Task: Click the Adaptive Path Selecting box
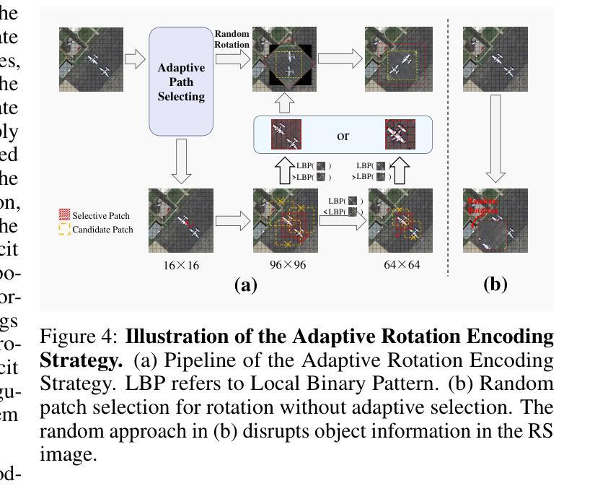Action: (181, 82)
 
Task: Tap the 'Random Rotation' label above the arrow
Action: (232, 39)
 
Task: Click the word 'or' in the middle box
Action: (343, 135)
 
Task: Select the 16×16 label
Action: (181, 265)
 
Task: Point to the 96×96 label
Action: (288, 265)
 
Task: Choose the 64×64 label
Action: (402, 265)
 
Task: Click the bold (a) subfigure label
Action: (246, 285)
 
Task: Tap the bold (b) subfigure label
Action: (495, 285)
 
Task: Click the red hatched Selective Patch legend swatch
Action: (64, 215)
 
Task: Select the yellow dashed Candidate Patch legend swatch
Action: (64, 230)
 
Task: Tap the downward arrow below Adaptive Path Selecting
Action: (181, 160)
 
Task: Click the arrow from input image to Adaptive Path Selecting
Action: (135, 59)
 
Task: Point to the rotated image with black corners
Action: (286, 60)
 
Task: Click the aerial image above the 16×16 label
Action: (181, 220)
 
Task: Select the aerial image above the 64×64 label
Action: (400, 220)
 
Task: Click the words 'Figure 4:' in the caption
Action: (79, 337)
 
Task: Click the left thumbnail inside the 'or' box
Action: (286, 134)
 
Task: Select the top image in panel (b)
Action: (495, 59)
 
